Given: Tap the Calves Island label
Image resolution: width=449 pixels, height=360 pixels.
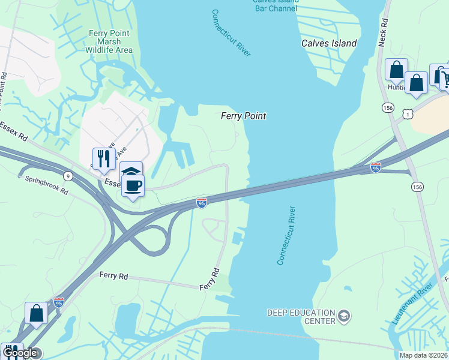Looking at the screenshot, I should [x=329, y=43].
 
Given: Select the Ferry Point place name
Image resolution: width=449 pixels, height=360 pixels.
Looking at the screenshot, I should [x=243, y=116].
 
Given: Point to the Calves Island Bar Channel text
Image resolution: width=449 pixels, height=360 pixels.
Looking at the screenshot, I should [x=276, y=5].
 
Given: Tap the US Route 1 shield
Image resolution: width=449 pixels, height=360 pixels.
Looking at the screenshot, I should [x=408, y=113].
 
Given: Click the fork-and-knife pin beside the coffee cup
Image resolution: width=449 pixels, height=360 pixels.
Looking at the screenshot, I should [x=104, y=158].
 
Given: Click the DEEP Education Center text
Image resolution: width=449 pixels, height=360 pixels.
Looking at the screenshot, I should [x=301, y=316].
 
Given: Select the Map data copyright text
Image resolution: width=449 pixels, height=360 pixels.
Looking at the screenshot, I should [x=424, y=355].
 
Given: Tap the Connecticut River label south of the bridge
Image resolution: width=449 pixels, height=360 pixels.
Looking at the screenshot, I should [x=286, y=236].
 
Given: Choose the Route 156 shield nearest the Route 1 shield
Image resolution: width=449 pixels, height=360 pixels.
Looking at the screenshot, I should [x=388, y=107].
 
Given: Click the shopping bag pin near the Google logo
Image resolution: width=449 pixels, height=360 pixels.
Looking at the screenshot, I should [x=36, y=313].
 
